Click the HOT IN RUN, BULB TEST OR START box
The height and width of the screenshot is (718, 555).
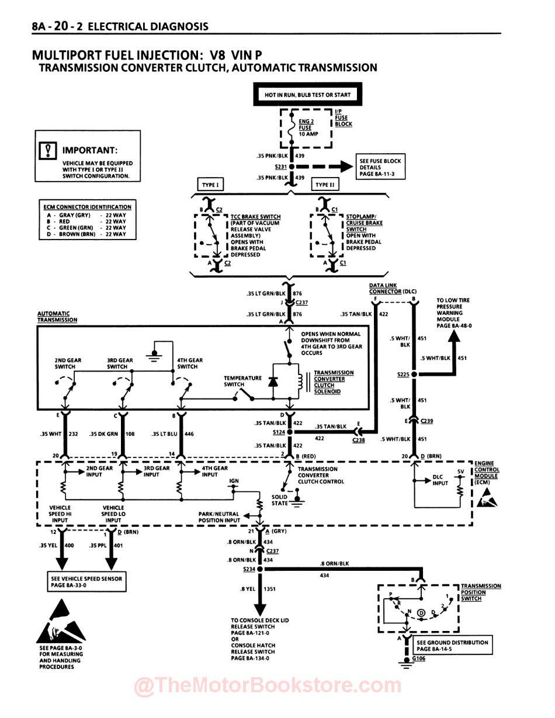pyautogui.click(x=308, y=95)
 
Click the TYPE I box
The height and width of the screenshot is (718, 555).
pyautogui.click(x=210, y=185)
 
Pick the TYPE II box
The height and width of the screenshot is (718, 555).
pyautogui.click(x=325, y=185)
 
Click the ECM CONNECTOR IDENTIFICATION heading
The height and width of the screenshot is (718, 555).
pyautogui.click(x=87, y=207)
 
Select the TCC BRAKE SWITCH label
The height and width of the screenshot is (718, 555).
pyautogui.click(x=255, y=217)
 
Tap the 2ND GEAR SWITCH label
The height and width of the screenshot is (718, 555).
pyautogui.click(x=65, y=363)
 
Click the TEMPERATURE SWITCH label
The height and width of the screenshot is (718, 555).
pyautogui.click(x=242, y=381)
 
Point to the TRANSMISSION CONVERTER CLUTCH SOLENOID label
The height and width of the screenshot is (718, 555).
pyautogui.click(x=333, y=382)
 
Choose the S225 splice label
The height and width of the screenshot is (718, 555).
pyautogui.click(x=403, y=374)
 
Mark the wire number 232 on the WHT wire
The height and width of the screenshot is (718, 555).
pyautogui.click(x=74, y=434)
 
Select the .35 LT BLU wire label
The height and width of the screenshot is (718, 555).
pyautogui.click(x=164, y=434)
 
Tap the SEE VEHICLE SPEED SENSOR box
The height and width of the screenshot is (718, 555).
pyautogui.click(x=87, y=582)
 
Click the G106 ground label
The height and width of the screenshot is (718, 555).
pyautogui.click(x=419, y=658)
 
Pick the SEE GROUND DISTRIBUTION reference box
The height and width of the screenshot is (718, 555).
pyautogui.click(x=452, y=646)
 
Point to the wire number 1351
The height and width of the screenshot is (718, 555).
pyautogui.click(x=269, y=589)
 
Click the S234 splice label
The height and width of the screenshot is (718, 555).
pyautogui.click(x=249, y=569)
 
